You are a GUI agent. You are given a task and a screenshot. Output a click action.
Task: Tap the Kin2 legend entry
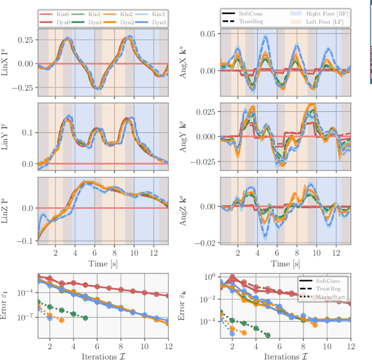coord(120,12)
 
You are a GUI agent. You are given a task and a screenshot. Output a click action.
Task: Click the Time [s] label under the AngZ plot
coord(285,263)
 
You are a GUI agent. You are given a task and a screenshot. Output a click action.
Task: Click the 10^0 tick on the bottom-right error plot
coord(208,277)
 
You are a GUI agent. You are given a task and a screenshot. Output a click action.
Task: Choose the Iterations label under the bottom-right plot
coord(285,355)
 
